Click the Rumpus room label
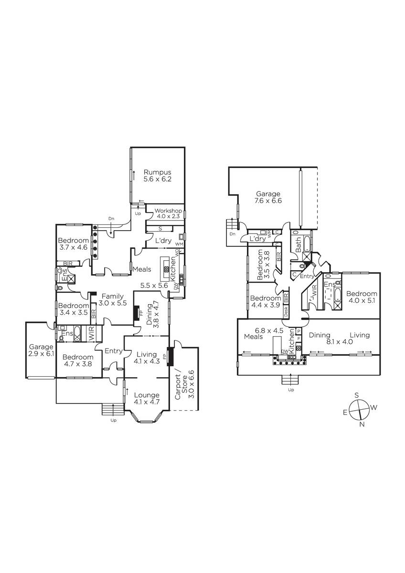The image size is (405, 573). click(x=157, y=172)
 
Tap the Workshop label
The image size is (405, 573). click(x=168, y=211)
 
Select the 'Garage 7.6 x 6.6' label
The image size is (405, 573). click(x=268, y=197)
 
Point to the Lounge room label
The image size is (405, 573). click(x=147, y=395)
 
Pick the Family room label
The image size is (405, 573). click(x=113, y=296)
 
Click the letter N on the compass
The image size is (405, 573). click(x=362, y=424)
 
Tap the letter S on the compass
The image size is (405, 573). click(x=357, y=395)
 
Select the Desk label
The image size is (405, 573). click(x=286, y=312)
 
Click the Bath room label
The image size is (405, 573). click(x=298, y=244)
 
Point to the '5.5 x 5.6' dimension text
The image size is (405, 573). click(x=154, y=286)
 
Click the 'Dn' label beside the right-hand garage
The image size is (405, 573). click(x=233, y=234)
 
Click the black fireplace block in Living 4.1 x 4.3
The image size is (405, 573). click(x=170, y=357)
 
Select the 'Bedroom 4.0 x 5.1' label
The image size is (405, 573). click(x=362, y=297)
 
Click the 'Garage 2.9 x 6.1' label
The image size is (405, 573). click(x=41, y=350)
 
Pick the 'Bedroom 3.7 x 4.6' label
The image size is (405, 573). click(x=74, y=244)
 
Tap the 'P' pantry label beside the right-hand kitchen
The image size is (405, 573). click(x=298, y=331)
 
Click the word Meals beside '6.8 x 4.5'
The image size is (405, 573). click(x=253, y=336)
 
